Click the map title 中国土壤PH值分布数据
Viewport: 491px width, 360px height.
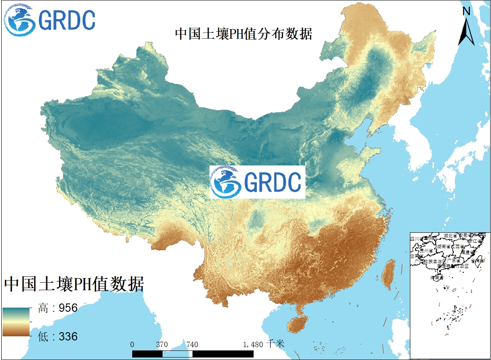point(243,34)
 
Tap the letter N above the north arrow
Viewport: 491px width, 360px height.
point(466,12)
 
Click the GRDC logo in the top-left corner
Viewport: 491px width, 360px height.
point(50,20)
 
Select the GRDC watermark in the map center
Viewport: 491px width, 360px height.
point(257,182)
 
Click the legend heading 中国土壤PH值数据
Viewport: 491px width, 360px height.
point(74,285)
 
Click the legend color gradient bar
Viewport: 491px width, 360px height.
point(16,321)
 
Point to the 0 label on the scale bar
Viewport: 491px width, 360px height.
point(132,345)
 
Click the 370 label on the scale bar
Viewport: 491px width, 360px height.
point(162,345)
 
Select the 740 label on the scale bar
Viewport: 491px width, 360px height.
point(192,345)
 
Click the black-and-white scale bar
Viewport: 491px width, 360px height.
point(192,354)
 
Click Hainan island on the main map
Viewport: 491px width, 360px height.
point(299,324)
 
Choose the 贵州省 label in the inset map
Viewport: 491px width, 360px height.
point(426,251)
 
